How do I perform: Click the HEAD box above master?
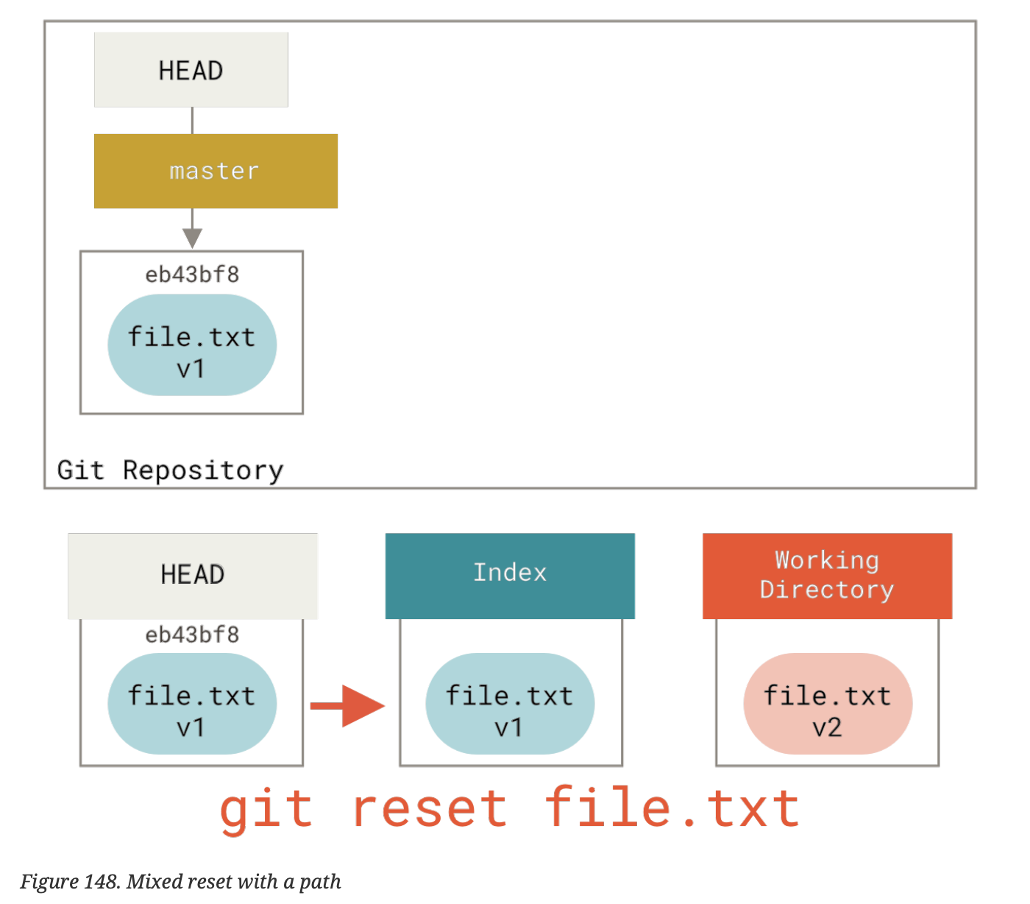(x=191, y=70)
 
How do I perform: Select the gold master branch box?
(x=216, y=171)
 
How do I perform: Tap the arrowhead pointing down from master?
(x=192, y=238)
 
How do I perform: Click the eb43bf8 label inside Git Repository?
(x=192, y=275)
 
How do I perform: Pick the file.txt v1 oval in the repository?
(x=192, y=345)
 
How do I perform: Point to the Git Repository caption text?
(x=170, y=470)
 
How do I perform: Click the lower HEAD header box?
(x=192, y=575)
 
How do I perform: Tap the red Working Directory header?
(x=827, y=575)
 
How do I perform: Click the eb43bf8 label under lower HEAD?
(x=192, y=635)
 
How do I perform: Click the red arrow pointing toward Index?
(x=348, y=706)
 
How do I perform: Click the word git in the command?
(x=266, y=810)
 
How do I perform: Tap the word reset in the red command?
(x=430, y=810)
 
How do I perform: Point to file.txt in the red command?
(x=672, y=810)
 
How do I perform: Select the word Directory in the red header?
(x=827, y=590)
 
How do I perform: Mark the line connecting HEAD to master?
(x=192, y=120)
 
